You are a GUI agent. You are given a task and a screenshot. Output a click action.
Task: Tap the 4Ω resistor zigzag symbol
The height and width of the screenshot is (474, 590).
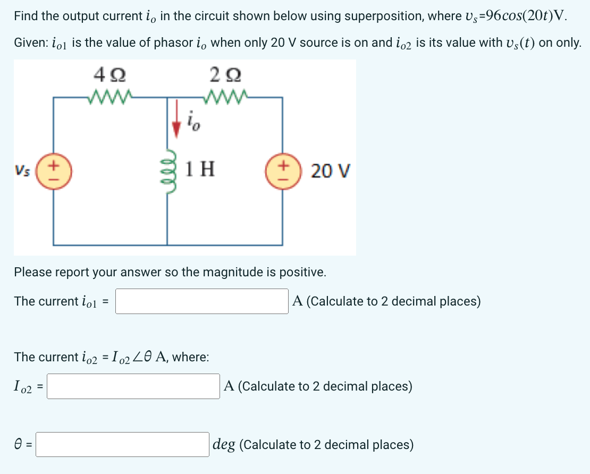pyautogui.click(x=109, y=96)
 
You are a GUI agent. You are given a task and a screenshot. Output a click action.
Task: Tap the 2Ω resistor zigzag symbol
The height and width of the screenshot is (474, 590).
pyautogui.click(x=224, y=96)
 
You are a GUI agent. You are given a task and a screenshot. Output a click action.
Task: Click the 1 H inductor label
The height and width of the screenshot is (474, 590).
pyautogui.click(x=201, y=170)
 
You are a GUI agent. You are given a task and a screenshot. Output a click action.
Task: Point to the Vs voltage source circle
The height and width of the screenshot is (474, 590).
pyautogui.click(x=54, y=171)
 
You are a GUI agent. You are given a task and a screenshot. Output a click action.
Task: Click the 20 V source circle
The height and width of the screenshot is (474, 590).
pyautogui.click(x=282, y=171)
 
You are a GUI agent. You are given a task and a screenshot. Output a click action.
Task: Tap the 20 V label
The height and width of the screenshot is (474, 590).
pyautogui.click(x=330, y=172)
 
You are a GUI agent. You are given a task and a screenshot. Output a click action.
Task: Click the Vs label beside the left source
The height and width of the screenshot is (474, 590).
pyautogui.click(x=23, y=171)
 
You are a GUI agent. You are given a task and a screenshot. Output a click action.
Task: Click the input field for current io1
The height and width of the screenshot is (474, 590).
pyautogui.click(x=202, y=301)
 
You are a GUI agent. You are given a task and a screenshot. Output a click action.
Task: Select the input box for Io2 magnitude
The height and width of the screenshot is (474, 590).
pyautogui.click(x=133, y=386)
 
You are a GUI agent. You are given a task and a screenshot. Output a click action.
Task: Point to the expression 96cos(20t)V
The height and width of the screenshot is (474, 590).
pyautogui.click(x=529, y=16)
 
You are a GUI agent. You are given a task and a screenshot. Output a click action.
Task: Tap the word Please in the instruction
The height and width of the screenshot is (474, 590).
pyautogui.click(x=32, y=272)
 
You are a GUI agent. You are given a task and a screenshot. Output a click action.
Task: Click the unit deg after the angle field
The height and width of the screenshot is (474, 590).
pyautogui.click(x=224, y=445)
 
